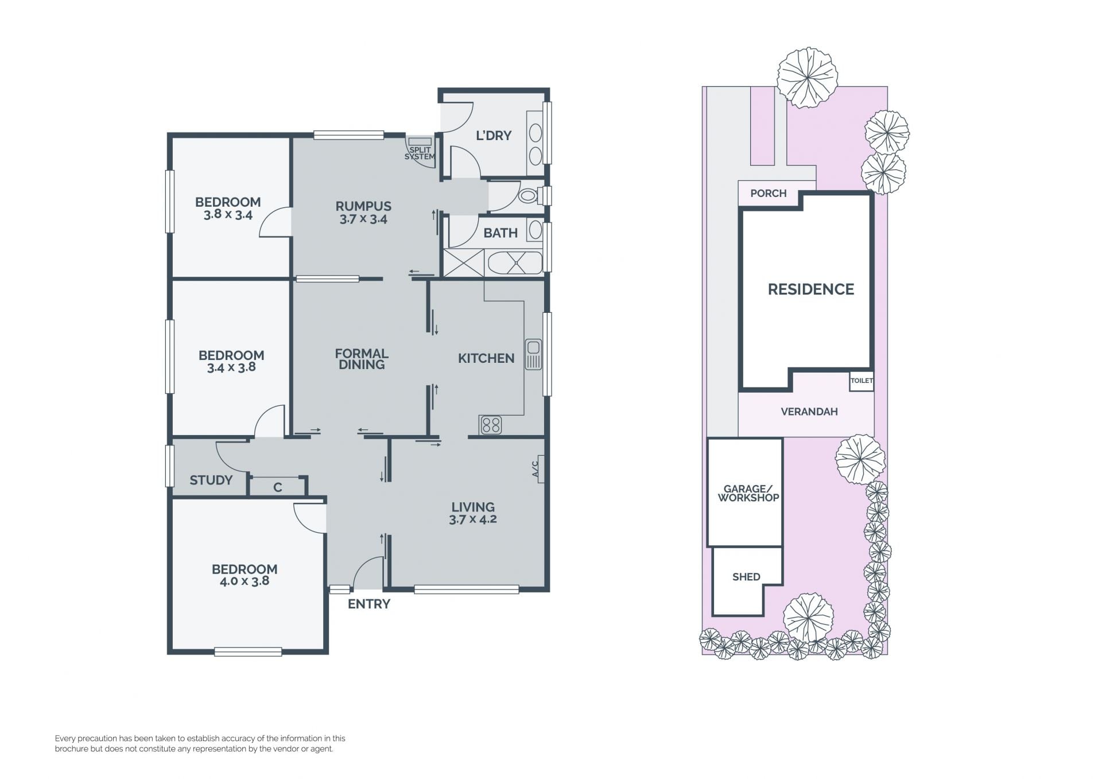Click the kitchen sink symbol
(533, 354)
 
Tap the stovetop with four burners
(491, 425)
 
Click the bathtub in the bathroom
(515, 263)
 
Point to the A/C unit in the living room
(538, 468)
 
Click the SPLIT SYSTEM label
(420, 153)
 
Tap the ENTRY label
(369, 604)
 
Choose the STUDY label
(211, 480)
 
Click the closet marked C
(278, 487)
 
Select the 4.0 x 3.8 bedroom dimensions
(245, 581)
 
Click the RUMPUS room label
(363, 206)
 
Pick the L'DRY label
(494, 135)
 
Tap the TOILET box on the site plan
(862, 381)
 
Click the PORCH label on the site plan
(769, 193)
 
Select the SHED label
(746, 577)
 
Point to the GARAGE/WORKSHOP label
(748, 493)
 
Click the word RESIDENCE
(811, 289)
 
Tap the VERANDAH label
(809, 412)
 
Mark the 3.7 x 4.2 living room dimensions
(473, 520)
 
